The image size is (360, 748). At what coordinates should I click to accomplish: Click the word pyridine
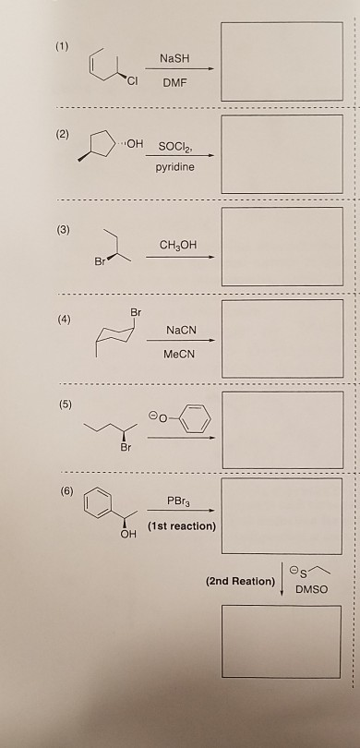(x=175, y=171)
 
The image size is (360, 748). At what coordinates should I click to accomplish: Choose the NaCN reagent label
(x=179, y=331)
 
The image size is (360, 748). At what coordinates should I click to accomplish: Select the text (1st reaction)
(x=179, y=527)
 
